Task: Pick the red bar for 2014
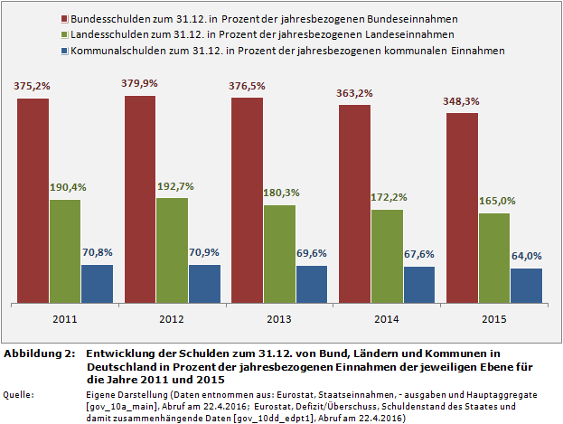[354, 203]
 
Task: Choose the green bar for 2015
[493, 258]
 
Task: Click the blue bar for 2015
[526, 285]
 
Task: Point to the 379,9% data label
[140, 83]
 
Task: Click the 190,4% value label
[65, 187]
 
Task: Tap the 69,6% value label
[312, 253]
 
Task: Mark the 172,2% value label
[387, 197]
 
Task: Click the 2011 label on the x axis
[64, 319]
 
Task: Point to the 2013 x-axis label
[279, 319]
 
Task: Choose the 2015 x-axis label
[493, 319]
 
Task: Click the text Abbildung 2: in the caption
[40, 353]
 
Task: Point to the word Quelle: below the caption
[19, 395]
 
